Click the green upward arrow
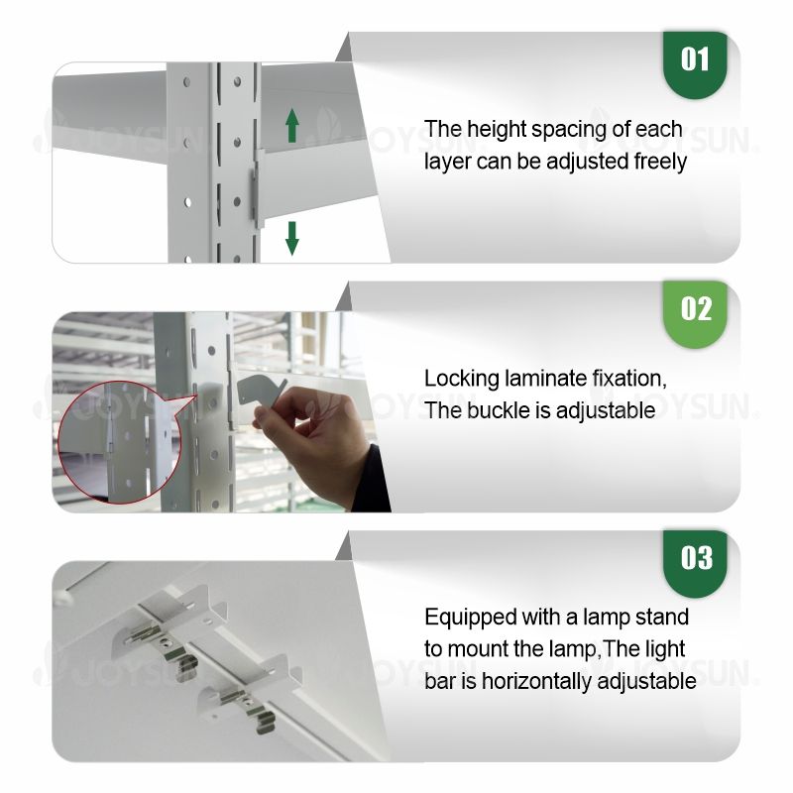point(291,126)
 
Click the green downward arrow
point(291,238)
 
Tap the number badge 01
point(695,64)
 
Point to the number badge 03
point(695,563)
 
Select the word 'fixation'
point(629,379)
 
